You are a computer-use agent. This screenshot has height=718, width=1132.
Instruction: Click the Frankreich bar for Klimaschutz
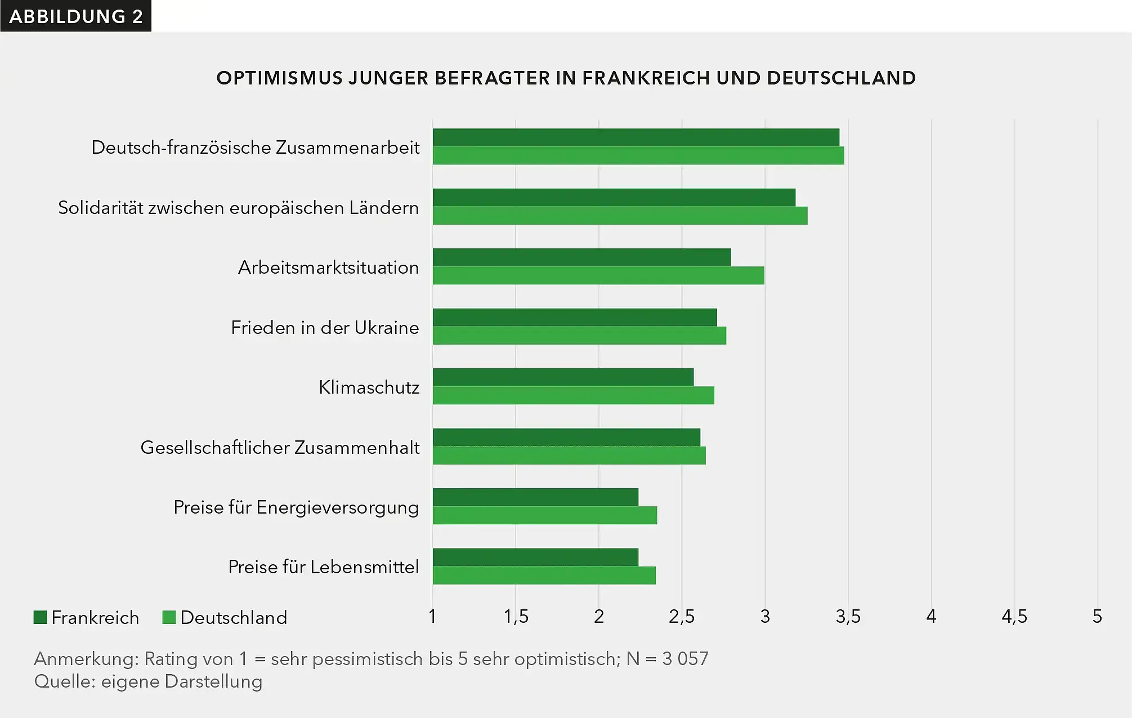[563, 377]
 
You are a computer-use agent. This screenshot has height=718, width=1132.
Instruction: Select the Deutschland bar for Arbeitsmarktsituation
[598, 275]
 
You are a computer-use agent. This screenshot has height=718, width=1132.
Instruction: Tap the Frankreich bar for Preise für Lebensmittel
[535, 557]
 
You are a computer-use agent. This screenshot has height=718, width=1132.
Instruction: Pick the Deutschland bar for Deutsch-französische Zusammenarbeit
[638, 155]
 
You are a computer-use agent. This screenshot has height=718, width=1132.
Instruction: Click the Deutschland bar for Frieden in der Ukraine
[579, 336]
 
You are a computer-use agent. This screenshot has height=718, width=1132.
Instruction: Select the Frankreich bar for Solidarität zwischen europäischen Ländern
[614, 198]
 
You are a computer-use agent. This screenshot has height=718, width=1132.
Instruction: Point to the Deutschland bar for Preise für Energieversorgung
[545, 515]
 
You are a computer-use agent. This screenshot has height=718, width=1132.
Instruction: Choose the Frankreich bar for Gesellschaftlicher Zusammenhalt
[566, 438]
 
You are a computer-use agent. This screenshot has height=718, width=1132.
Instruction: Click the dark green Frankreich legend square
[40, 617]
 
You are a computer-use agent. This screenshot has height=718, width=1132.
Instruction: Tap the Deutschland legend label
[234, 618]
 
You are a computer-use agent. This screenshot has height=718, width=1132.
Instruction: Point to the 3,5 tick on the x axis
[848, 617]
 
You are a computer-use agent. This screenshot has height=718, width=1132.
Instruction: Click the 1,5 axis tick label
[516, 617]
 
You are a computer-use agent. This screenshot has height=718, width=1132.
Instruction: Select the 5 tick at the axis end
[1097, 617]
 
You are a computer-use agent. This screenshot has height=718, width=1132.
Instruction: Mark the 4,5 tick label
[1014, 617]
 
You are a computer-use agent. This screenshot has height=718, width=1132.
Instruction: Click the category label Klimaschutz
[369, 387]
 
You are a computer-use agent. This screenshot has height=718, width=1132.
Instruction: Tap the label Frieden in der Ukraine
[325, 328]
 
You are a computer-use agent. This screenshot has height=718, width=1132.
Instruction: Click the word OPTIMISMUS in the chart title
[279, 78]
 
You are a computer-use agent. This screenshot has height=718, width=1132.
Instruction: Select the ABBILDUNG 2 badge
[75, 16]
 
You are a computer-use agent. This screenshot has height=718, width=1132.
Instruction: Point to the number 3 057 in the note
[685, 658]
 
